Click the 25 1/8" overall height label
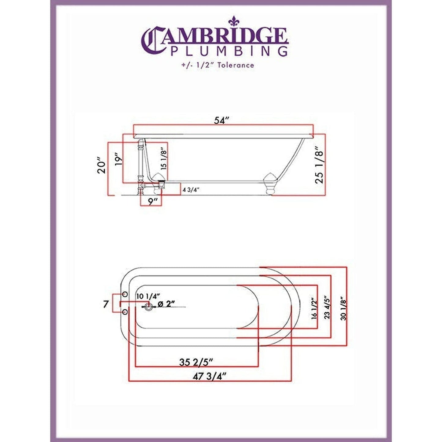coord(319,165)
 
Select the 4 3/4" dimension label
coord(191,190)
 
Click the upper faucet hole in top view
coord(125,294)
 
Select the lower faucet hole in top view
coord(125,312)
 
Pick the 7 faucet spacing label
coord(106,304)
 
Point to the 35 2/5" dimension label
coord(196,362)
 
